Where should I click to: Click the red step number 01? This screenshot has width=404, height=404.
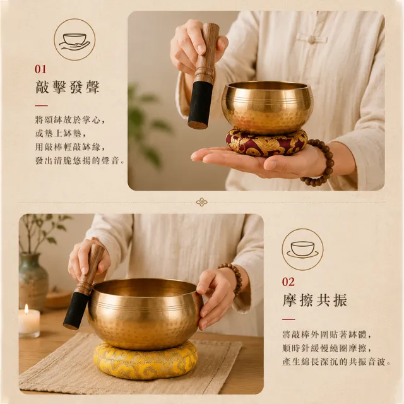pyautogui.click(x=40, y=69)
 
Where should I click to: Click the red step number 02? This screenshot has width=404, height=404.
pyautogui.click(x=288, y=282)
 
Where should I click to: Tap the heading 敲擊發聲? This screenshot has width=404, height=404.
pyautogui.click(x=68, y=87)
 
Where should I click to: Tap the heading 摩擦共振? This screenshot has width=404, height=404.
pyautogui.click(x=314, y=300)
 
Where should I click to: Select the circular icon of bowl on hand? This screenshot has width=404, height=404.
pyautogui.click(x=74, y=40)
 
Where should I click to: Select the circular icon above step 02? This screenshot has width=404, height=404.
pyautogui.click(x=302, y=249)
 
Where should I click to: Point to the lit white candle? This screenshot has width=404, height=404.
pyautogui.click(x=29, y=321)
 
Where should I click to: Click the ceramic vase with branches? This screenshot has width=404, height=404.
pyautogui.click(x=33, y=281)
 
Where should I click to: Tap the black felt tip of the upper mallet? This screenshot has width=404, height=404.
pyautogui.click(x=201, y=105)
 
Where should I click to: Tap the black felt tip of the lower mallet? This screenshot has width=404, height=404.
pyautogui.click(x=76, y=311)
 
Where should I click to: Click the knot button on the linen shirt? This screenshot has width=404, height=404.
pyautogui.click(x=311, y=39)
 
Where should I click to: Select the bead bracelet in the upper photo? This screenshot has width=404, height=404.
pyautogui.click(x=319, y=163)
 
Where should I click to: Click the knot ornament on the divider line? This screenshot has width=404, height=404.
pyautogui.click(x=202, y=202)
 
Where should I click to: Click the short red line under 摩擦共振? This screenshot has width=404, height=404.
pyautogui.click(x=288, y=319)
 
